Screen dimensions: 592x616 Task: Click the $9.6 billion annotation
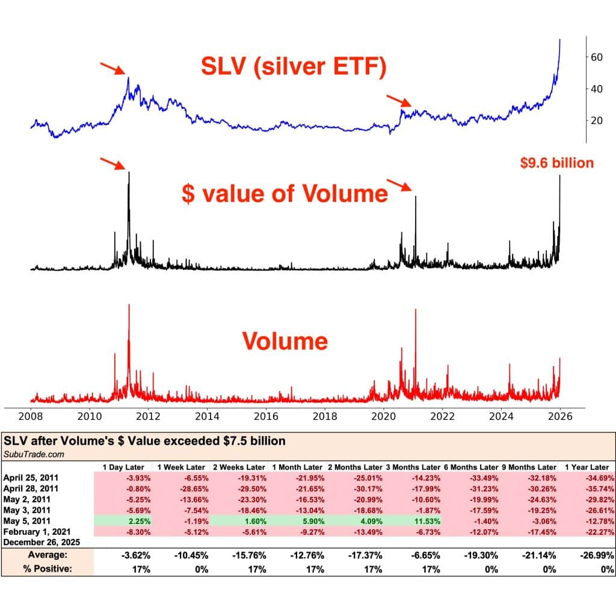click(x=557, y=163)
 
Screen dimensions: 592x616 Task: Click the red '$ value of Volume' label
click(x=285, y=194)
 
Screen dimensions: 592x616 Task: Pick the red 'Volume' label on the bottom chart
click(x=285, y=341)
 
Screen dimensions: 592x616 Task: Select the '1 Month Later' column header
click(x=297, y=467)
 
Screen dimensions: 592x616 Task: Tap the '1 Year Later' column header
click(x=587, y=467)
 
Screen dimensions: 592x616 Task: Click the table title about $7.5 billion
click(x=144, y=441)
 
